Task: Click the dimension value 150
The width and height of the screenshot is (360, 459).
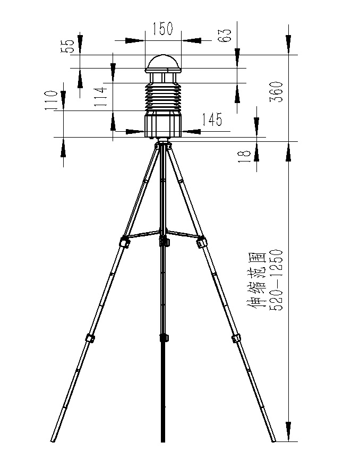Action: pyautogui.click(x=163, y=29)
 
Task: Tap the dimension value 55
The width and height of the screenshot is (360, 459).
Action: pyautogui.click(x=68, y=47)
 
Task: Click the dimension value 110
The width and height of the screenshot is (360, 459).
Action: pyautogui.click(x=52, y=100)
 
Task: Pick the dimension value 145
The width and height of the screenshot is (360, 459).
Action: pyautogui.click(x=212, y=120)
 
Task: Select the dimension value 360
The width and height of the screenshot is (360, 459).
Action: pyautogui.click(x=281, y=91)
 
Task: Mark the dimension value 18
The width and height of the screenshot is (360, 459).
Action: pyautogui.click(x=244, y=156)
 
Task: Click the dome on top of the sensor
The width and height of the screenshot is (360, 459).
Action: pyautogui.click(x=164, y=63)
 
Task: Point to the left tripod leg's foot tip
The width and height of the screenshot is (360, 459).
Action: pyautogui.click(x=54, y=440)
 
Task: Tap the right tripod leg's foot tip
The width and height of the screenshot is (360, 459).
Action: pyautogui.click(x=273, y=440)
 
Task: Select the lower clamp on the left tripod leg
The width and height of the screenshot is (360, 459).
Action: pyautogui.click(x=90, y=338)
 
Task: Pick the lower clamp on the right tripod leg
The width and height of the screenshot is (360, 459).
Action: pyautogui.click(x=236, y=338)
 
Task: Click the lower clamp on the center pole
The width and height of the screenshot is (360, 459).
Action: pyautogui.click(x=163, y=338)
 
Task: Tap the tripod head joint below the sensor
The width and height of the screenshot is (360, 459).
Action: pyautogui.click(x=163, y=143)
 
